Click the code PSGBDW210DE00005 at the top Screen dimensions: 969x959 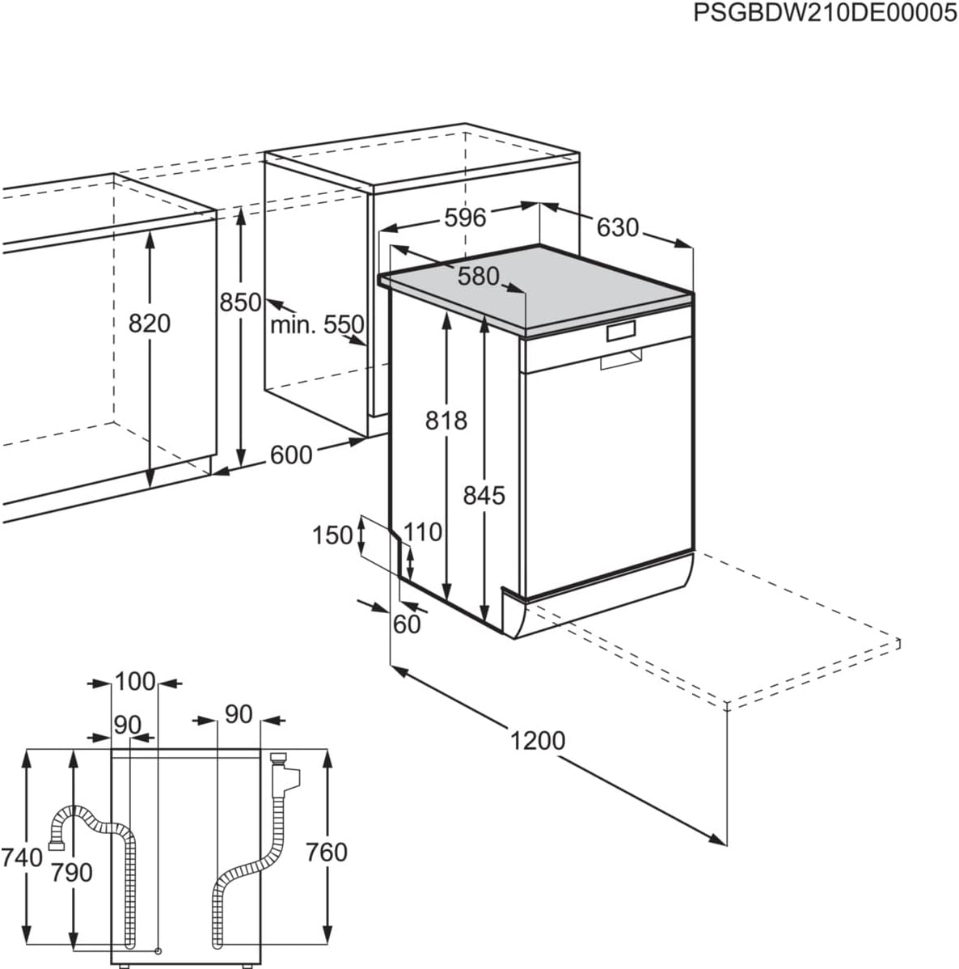click(x=825, y=14)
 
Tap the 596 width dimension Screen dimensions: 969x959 click(x=465, y=218)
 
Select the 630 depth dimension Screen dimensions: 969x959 click(x=618, y=228)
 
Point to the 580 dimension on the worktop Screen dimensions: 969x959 click(x=479, y=276)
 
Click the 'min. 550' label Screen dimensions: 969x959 click(x=317, y=325)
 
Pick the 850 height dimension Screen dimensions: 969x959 click(x=241, y=303)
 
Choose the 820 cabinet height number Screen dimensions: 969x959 click(x=150, y=324)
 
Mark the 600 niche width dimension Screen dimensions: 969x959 click(x=290, y=455)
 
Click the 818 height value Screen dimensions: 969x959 click(x=446, y=421)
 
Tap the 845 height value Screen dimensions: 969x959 click(x=484, y=495)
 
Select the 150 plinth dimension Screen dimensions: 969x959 click(x=332, y=535)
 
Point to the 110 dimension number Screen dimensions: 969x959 click(x=423, y=532)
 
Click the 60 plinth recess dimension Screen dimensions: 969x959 click(x=407, y=624)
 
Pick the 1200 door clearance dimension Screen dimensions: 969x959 click(x=538, y=740)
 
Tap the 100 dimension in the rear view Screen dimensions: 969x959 click(x=134, y=682)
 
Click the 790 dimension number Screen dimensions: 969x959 click(x=73, y=873)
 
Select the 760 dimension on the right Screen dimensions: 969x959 click(x=327, y=852)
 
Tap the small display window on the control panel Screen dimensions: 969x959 click(x=621, y=331)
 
